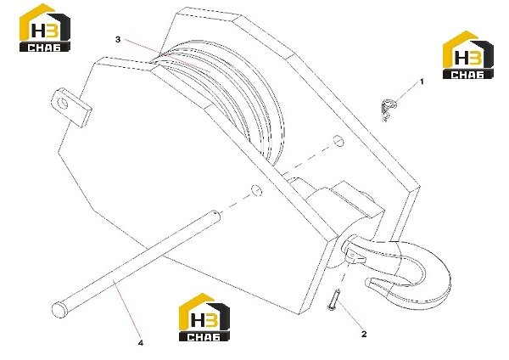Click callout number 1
422,82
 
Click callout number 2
364,334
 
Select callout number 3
118,39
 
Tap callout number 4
141,343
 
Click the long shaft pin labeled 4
136,262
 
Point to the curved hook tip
368,282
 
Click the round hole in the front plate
257,191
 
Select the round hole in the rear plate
338,141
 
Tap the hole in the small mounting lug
62,103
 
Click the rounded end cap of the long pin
59,309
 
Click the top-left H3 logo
45,28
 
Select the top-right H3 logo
467,55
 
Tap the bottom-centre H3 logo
204,317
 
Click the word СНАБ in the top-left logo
44,48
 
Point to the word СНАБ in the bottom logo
204,337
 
